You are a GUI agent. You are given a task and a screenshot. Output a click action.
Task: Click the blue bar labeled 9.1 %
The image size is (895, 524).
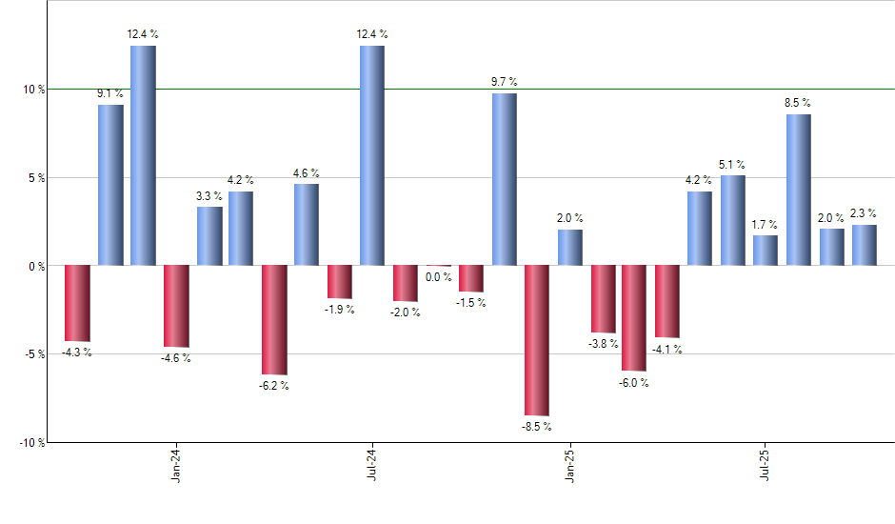[110, 185]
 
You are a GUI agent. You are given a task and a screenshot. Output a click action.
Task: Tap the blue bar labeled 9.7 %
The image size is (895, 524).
[504, 179]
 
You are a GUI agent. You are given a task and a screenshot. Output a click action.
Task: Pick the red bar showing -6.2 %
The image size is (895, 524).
[274, 319]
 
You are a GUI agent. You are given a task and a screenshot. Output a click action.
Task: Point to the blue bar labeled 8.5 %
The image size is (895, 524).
[799, 190]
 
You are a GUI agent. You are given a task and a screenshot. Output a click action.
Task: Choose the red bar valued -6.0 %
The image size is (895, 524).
[635, 317]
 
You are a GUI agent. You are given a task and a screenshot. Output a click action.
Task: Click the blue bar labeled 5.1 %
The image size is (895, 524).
[733, 220]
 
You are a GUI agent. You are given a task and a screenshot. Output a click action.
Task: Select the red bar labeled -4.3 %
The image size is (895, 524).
[77, 303]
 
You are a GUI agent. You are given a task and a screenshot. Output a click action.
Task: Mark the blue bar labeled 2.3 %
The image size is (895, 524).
[865, 245]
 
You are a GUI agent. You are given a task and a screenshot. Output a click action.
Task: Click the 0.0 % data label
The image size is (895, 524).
[439, 277]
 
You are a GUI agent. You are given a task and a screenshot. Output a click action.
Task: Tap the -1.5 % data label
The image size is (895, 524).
[471, 302]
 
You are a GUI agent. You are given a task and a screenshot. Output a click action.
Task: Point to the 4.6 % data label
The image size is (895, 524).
[307, 172]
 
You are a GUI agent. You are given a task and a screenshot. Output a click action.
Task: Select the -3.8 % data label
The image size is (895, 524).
[603, 343]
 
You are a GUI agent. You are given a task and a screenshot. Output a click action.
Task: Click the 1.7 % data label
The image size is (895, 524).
[765, 225]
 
